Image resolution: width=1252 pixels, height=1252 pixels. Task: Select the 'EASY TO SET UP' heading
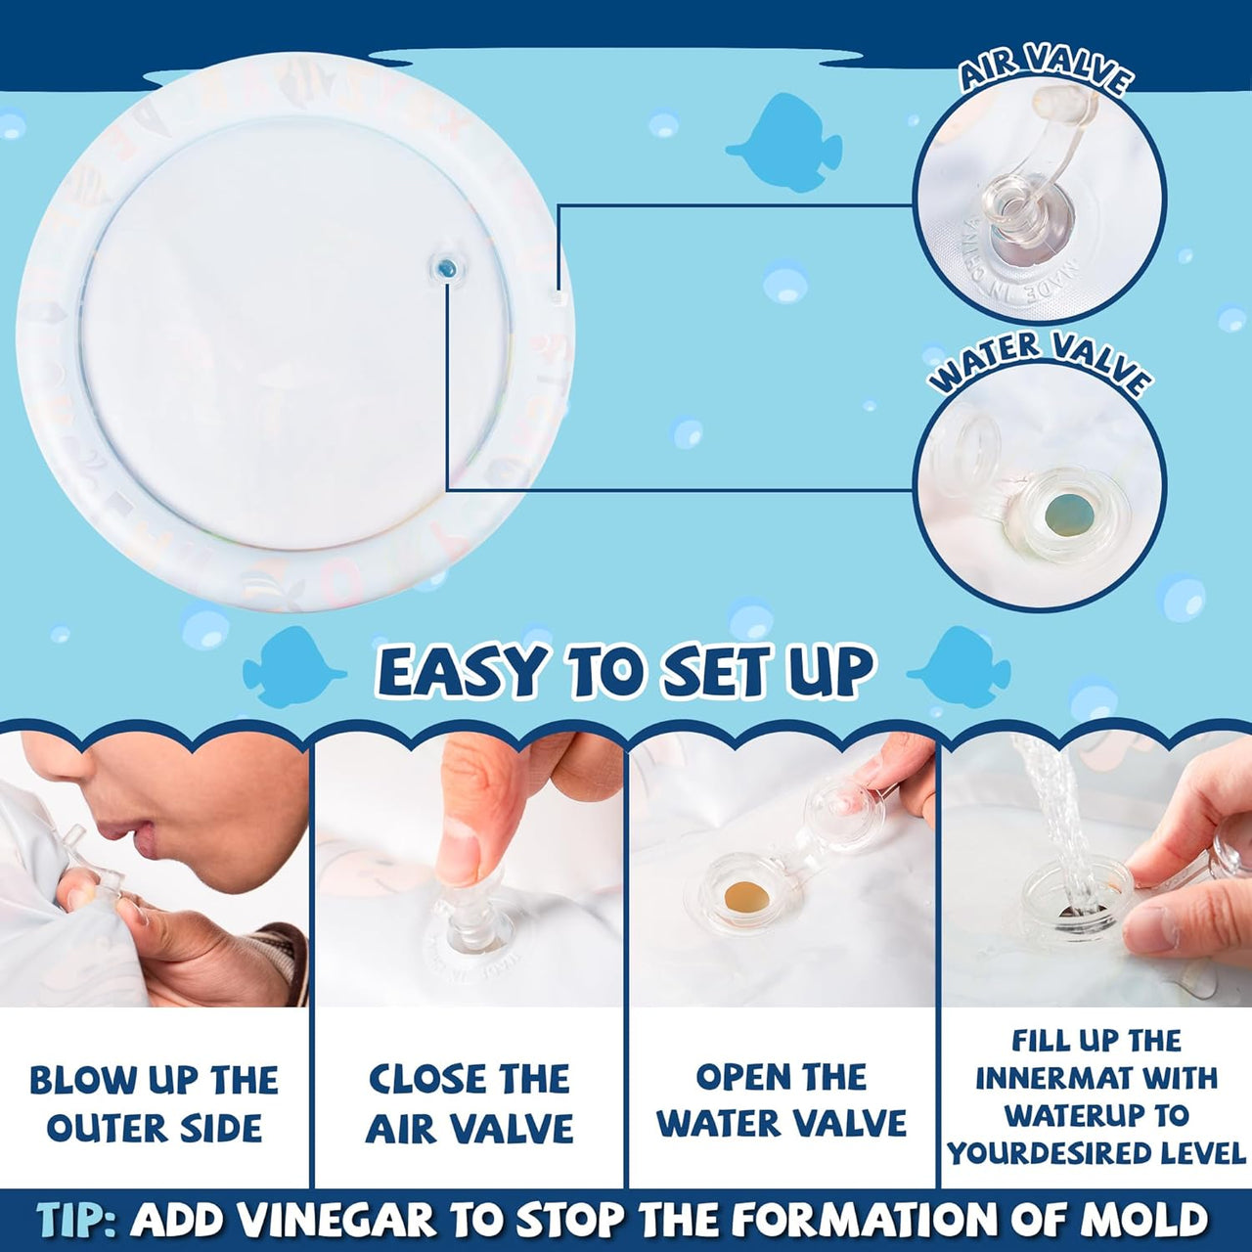point(626,673)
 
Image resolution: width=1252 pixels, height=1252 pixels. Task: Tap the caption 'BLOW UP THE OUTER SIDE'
point(155,1103)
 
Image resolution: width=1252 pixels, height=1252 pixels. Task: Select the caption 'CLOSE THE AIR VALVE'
point(469,1103)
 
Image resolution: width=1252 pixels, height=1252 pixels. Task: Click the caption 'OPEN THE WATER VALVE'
point(782,1100)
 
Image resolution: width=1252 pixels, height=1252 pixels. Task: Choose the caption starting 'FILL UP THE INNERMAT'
point(1096,1096)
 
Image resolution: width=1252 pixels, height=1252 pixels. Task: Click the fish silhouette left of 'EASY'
point(291,668)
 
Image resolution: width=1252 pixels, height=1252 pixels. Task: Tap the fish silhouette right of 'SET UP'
point(961,668)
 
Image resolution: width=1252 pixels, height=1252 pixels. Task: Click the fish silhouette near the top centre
point(785,143)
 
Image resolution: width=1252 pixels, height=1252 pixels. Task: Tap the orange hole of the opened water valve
point(745,895)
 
